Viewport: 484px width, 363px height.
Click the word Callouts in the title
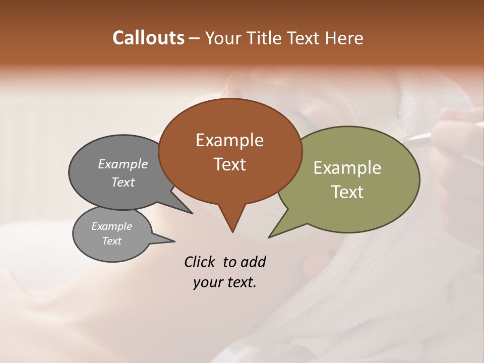[x=148, y=38]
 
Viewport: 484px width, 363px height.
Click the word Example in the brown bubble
[x=229, y=140]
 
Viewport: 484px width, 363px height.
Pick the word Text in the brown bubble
[x=229, y=164]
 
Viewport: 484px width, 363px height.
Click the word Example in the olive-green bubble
[x=347, y=168]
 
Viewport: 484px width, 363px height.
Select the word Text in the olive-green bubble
[x=347, y=192]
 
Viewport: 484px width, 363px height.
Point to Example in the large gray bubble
[x=123, y=164]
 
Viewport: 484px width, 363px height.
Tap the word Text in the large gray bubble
[x=123, y=182]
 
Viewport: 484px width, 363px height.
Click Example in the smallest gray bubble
[x=111, y=226]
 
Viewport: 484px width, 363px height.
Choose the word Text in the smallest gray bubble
[x=111, y=241]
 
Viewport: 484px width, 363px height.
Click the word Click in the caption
[x=200, y=262]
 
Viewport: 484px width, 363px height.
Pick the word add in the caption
[x=253, y=262]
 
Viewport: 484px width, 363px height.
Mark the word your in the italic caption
[x=206, y=282]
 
